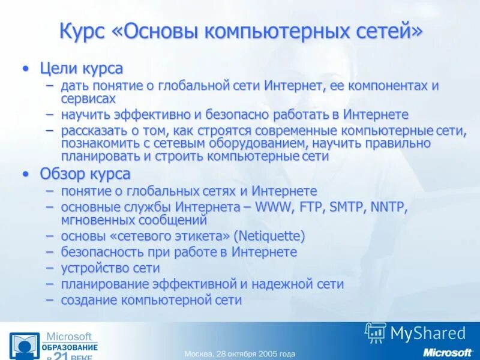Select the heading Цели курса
point(81,68)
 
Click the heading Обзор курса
point(85,174)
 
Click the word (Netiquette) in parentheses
point(269,236)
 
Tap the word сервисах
point(88,98)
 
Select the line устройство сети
point(110,268)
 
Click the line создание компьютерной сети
point(151,300)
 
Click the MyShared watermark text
point(427,333)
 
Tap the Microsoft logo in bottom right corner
point(448,352)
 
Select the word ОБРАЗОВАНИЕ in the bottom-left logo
point(70,347)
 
